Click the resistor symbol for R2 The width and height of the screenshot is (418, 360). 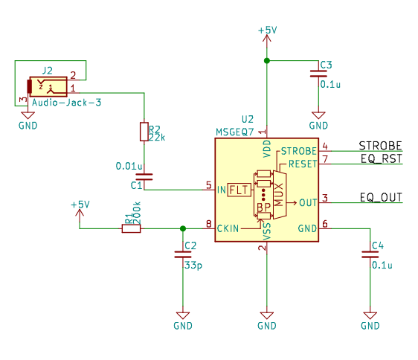pos(144,132)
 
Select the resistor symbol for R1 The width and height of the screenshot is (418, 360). pos(131,228)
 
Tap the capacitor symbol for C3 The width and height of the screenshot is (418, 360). pos(318,74)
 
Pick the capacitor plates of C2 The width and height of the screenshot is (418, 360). pos(183,254)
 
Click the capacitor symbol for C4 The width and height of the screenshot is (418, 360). pos(370,254)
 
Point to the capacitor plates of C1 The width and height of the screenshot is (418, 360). pos(144,177)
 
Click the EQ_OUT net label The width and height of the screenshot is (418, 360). pos(381,198)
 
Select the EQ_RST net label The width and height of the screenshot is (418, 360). pos(382,159)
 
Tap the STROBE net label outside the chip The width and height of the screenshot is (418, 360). pos(380,146)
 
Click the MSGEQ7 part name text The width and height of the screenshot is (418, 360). pos(234,132)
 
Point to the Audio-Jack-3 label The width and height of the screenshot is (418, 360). pos(67,103)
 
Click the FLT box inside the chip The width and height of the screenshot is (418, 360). pos(239,190)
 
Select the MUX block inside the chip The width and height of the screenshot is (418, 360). pos(280,195)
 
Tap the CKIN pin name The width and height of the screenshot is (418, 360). pos(228,228)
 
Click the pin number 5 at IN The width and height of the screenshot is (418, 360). pos(209,184)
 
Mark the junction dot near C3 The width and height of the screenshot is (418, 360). pos(267,61)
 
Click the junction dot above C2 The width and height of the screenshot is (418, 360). pos(183,228)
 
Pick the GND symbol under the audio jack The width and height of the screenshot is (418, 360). pos(28,115)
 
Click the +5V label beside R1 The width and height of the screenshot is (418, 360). pos(80,205)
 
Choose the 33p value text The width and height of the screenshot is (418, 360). pos(193,266)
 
